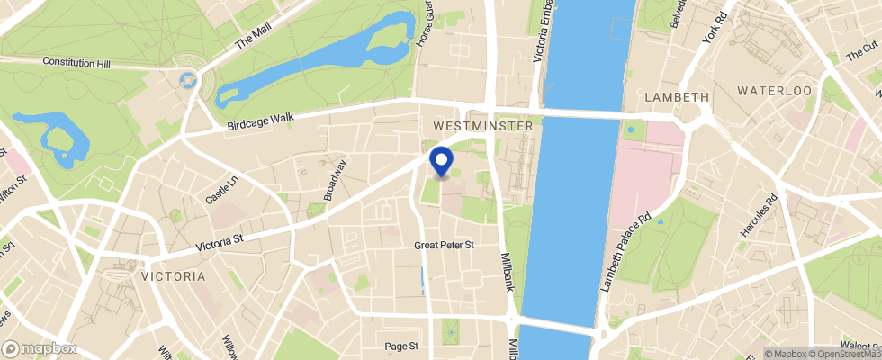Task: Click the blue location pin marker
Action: click(x=441, y=162)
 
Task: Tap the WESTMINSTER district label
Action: click(x=482, y=127)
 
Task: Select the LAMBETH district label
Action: click(x=677, y=96)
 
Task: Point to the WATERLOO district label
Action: click(x=774, y=91)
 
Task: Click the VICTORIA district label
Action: click(x=173, y=276)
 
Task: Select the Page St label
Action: click(x=401, y=346)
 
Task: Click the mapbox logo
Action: click(x=40, y=348)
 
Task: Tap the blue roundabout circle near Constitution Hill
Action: click(x=189, y=80)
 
